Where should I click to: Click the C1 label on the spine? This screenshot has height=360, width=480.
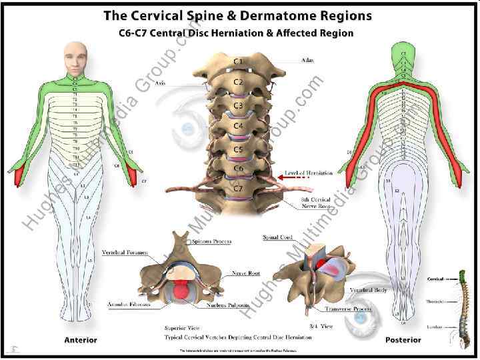[238, 62]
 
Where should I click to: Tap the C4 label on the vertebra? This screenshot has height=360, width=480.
[239, 125]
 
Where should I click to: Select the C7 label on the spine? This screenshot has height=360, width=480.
[238, 189]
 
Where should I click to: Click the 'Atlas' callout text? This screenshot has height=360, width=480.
[307, 60]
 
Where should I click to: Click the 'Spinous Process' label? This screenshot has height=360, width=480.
[211, 241]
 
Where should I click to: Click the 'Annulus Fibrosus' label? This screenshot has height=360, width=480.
[129, 304]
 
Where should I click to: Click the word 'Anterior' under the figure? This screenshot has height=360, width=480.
[80, 340]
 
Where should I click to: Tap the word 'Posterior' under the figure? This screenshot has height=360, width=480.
[403, 340]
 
